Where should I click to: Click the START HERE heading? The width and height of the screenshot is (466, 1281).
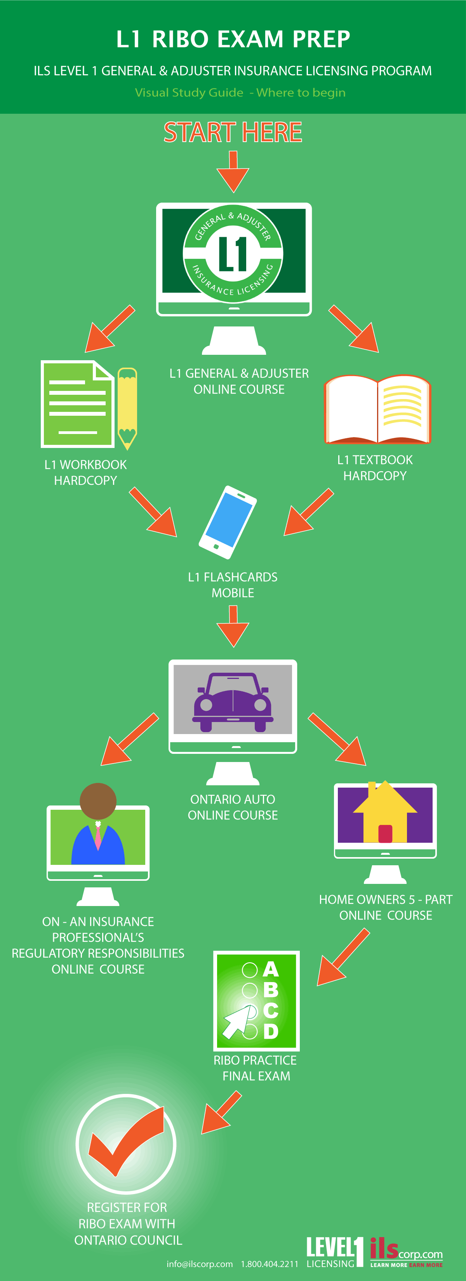[x=233, y=132]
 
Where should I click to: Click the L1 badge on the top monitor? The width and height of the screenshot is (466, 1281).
[x=233, y=253]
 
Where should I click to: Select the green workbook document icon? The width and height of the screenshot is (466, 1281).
[x=77, y=404]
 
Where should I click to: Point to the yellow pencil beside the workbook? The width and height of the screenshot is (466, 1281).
[x=127, y=408]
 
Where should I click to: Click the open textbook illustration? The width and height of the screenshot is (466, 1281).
[x=377, y=409]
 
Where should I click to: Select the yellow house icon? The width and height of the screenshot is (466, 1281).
[x=384, y=812]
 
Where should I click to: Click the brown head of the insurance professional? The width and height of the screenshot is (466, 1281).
[x=98, y=800]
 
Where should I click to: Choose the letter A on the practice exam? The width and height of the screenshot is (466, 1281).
[x=271, y=969]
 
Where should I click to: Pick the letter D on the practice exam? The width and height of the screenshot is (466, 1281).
[x=271, y=1031]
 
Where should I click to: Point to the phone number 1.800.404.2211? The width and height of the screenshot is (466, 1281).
[x=270, y=1264]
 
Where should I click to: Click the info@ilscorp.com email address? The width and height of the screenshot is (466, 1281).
[x=200, y=1264]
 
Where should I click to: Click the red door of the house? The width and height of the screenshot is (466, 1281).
[x=385, y=833]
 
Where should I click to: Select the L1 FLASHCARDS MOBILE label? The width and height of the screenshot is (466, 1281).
[x=233, y=585]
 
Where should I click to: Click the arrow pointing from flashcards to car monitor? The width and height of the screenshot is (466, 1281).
[x=233, y=627]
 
